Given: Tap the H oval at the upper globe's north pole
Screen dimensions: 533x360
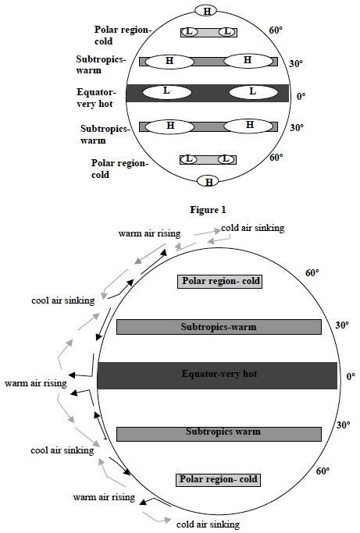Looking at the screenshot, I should click(x=206, y=11).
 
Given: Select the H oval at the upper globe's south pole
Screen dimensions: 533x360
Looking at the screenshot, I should click(x=209, y=182).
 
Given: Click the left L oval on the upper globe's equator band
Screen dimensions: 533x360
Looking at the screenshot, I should click(x=166, y=92).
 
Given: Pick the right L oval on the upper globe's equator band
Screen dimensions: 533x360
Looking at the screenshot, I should click(x=251, y=92).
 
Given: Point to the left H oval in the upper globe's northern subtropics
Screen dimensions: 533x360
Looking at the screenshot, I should click(x=169, y=61).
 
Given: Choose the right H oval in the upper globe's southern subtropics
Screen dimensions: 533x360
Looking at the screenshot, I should click(x=249, y=126).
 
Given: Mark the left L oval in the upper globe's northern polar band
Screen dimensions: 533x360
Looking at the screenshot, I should click(x=189, y=32).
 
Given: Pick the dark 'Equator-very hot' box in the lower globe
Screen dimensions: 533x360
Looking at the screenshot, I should click(x=216, y=375).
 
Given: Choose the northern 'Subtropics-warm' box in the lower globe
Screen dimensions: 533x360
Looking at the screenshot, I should click(x=219, y=327).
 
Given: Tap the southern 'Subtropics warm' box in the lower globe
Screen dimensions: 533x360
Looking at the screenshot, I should click(x=219, y=432).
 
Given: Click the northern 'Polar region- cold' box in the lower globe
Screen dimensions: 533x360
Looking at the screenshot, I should click(x=219, y=281).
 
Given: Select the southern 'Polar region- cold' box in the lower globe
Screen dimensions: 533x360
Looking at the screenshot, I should click(x=218, y=478).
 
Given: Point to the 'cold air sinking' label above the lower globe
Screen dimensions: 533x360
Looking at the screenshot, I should click(x=252, y=228).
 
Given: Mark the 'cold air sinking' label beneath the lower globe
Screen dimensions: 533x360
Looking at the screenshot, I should click(x=208, y=524).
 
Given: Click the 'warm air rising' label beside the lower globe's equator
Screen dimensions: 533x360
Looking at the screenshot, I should click(x=35, y=383).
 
